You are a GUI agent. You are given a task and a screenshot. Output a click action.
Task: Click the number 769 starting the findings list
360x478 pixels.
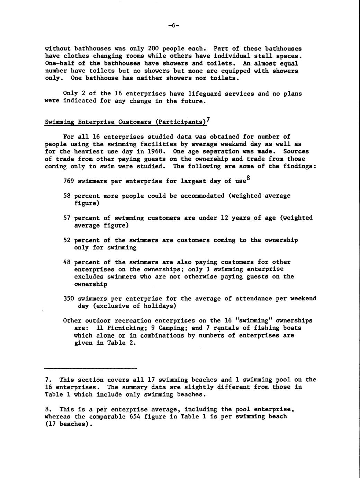(69, 181)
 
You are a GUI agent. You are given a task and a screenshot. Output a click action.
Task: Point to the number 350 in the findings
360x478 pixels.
(69, 299)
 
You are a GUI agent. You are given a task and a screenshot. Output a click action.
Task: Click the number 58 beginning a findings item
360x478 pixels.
(67, 196)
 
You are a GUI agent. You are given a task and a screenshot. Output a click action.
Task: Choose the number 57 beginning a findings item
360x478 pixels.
(67, 218)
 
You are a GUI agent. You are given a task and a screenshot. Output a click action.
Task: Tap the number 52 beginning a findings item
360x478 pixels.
(67, 240)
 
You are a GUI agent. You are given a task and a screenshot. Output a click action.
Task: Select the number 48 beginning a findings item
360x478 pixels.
(67, 262)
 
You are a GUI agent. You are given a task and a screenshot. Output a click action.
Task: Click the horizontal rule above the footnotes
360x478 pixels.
(91, 368)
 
